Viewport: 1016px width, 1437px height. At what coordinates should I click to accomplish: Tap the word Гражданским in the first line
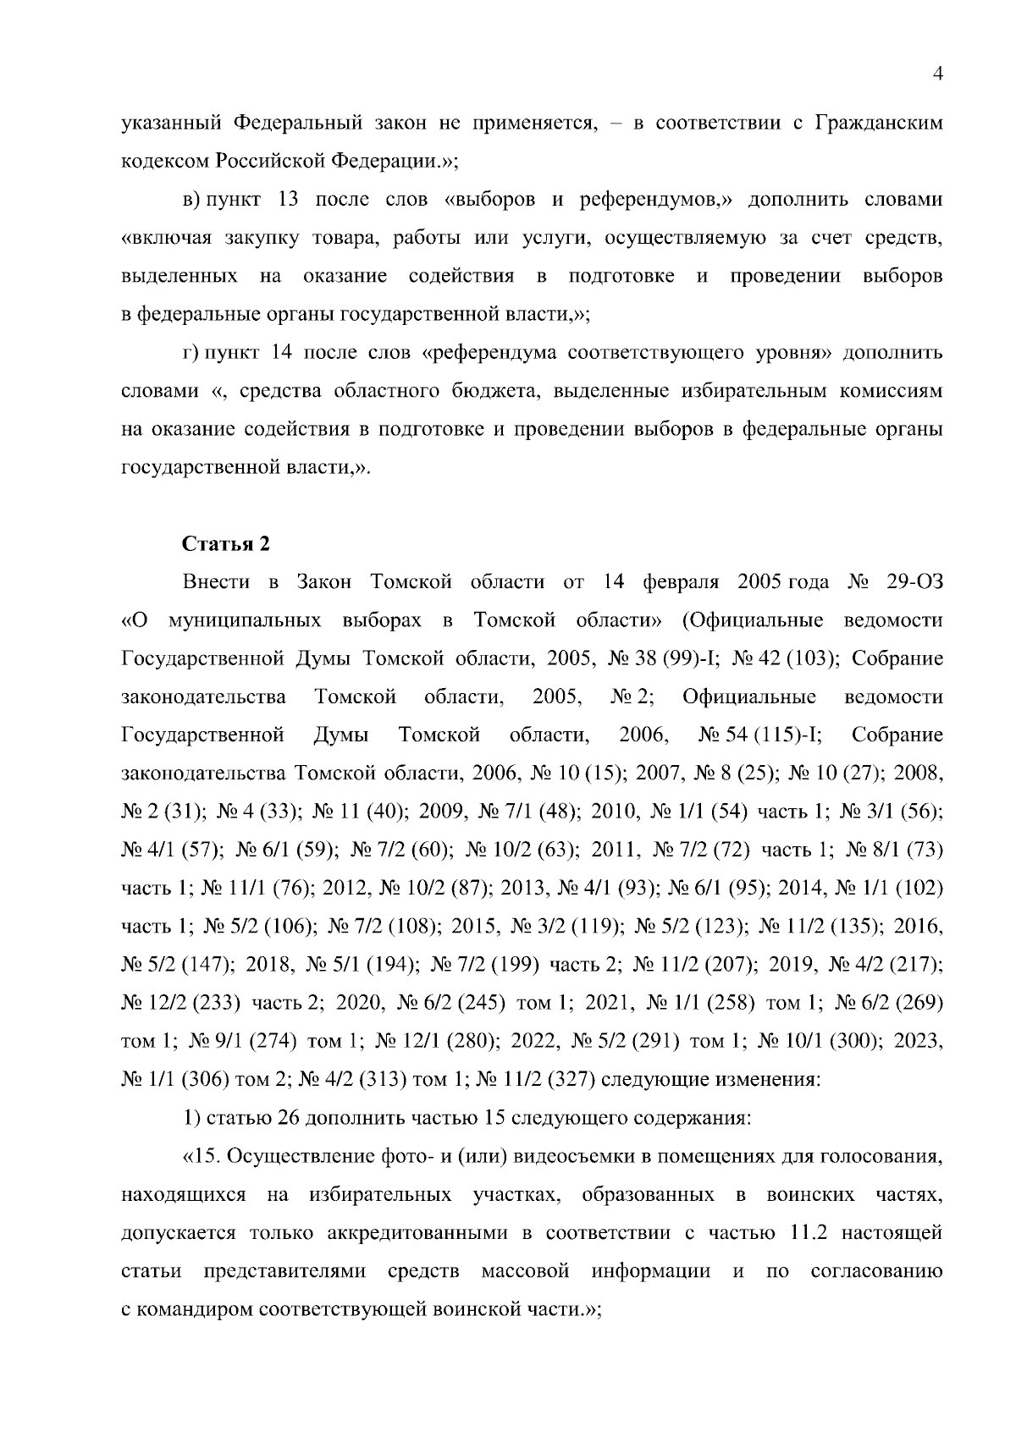pos(878,124)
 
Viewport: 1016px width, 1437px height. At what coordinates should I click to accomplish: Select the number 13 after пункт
pos(287,200)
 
